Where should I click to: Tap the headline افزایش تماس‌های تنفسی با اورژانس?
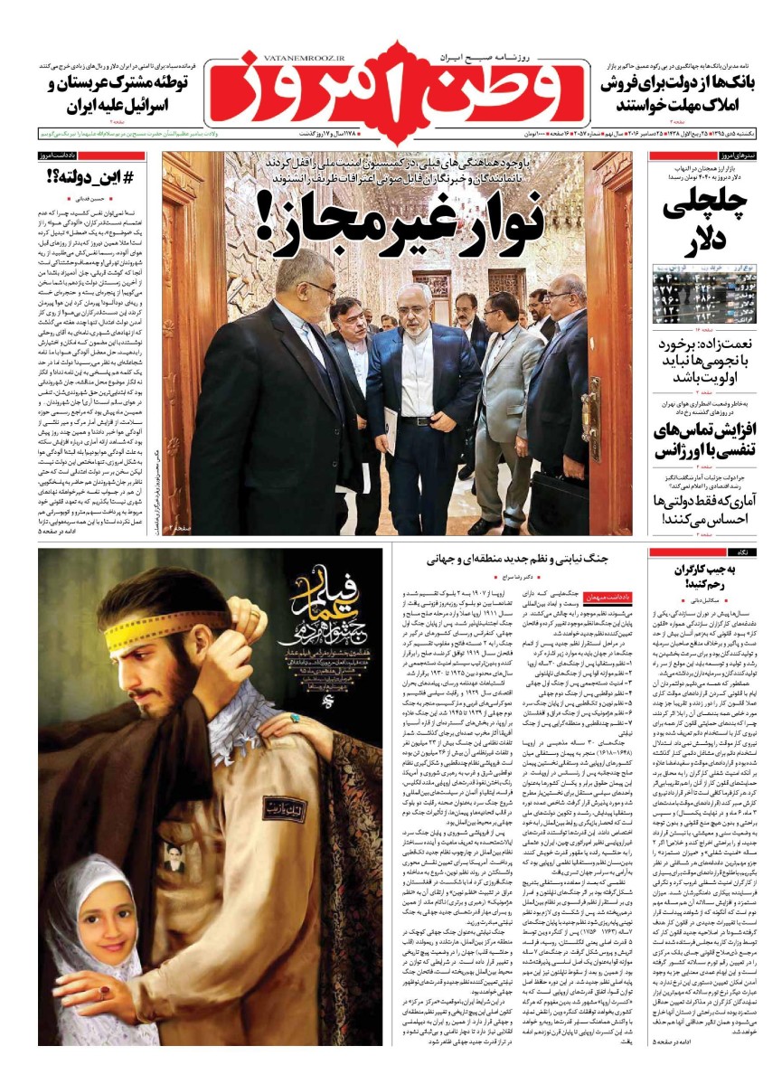709,439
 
